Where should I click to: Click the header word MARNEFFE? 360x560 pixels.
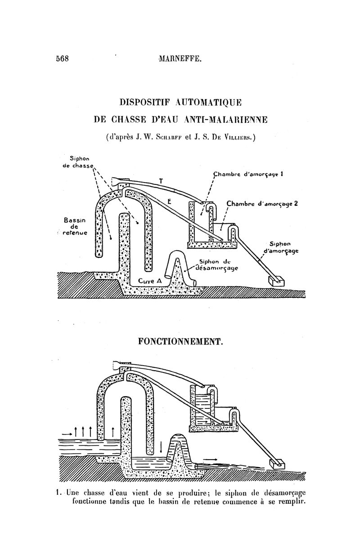pyautogui.click(x=180, y=58)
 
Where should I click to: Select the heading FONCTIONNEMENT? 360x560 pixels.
pyautogui.click(x=180, y=342)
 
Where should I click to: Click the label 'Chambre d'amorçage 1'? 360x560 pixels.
pyautogui.click(x=248, y=174)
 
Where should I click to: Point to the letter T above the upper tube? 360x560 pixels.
pyautogui.click(x=161, y=181)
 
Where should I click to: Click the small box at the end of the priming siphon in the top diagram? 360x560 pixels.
pyautogui.click(x=276, y=281)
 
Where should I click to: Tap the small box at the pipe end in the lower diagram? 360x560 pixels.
pyautogui.click(x=276, y=463)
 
